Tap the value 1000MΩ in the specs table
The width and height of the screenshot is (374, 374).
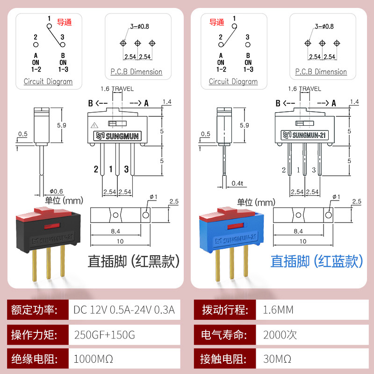(93, 360)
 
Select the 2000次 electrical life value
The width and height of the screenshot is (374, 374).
(280, 335)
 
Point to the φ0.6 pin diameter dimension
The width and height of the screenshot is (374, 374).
(56, 191)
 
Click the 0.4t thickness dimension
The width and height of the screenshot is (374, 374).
(237, 183)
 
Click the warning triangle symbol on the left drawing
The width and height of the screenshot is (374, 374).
(95, 125)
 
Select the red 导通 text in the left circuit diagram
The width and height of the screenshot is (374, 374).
(64, 22)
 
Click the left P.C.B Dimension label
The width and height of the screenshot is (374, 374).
(137, 72)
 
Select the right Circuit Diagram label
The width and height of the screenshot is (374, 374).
(233, 81)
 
